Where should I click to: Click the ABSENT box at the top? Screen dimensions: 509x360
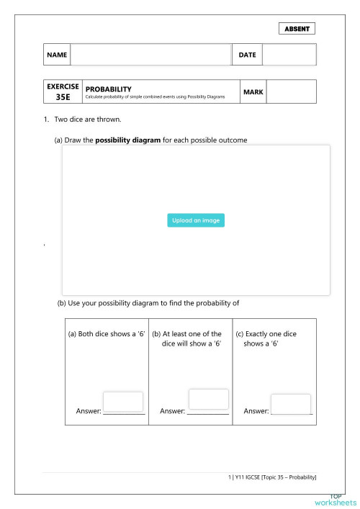click(x=296, y=29)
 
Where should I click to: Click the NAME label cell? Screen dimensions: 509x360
click(x=57, y=55)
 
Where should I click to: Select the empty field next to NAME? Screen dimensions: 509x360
click(x=150, y=55)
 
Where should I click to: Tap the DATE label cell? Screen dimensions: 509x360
click(x=247, y=55)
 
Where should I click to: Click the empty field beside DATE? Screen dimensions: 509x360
click(x=289, y=55)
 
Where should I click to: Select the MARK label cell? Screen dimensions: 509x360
click(x=253, y=91)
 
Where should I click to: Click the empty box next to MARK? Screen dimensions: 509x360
click(x=291, y=91)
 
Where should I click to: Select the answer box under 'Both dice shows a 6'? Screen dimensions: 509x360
click(x=123, y=402)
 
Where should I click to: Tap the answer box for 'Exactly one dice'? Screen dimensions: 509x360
click(x=291, y=405)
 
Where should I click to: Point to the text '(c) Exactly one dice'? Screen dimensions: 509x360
click(x=266, y=334)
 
